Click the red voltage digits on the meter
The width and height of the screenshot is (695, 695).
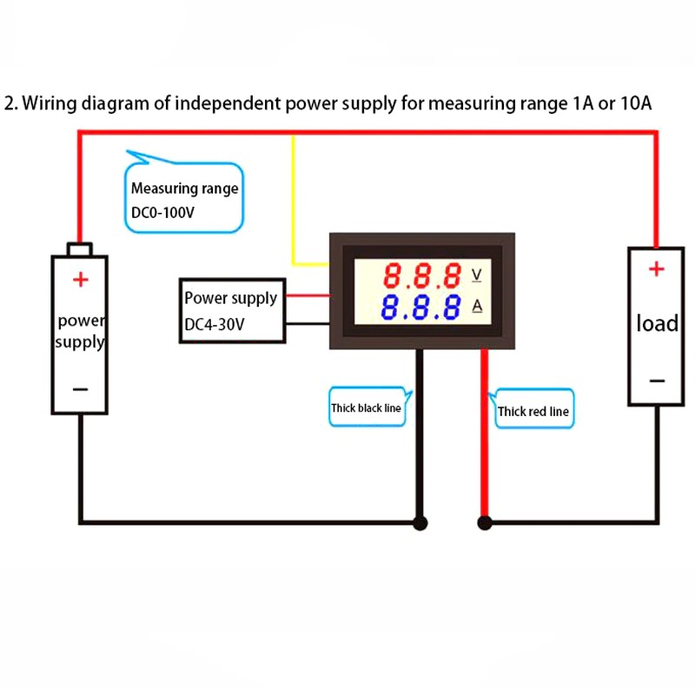point(423,276)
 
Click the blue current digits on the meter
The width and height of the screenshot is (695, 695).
point(423,307)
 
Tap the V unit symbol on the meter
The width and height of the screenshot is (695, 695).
point(476,275)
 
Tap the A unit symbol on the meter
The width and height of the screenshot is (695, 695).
point(477,306)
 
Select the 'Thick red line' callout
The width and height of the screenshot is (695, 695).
point(533,411)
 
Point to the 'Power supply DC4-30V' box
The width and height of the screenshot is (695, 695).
point(230,310)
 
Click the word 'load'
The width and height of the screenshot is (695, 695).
point(657,323)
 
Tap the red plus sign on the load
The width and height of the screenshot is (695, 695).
point(657,269)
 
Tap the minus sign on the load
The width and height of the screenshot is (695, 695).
point(658,381)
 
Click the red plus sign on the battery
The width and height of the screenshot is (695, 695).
point(80,279)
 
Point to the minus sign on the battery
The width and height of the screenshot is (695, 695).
point(80,388)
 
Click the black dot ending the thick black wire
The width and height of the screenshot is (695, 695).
point(420,523)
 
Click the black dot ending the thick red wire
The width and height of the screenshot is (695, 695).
point(485,523)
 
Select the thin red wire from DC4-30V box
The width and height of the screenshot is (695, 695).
point(307,297)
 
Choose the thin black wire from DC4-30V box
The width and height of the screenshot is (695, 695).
point(307,324)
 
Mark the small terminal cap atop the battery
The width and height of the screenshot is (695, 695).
point(81,250)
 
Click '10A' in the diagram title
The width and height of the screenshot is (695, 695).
point(632,104)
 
